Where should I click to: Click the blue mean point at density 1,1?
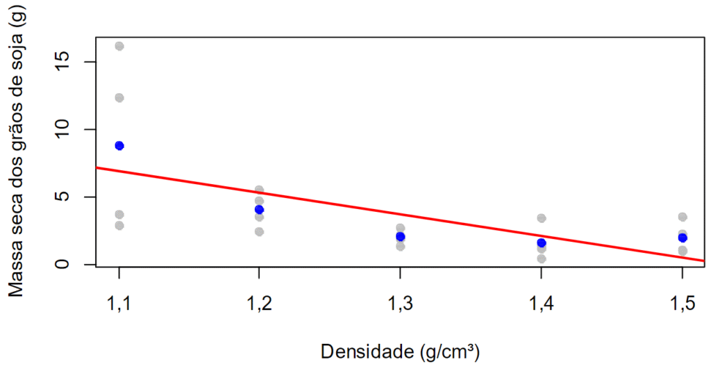(x=119, y=146)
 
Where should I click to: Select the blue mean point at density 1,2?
(x=260, y=210)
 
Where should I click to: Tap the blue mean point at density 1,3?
(x=401, y=237)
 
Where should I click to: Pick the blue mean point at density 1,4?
(x=542, y=243)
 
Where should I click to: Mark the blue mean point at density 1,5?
(x=683, y=238)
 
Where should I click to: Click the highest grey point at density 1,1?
(x=119, y=47)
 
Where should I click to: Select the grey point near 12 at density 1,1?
(x=119, y=98)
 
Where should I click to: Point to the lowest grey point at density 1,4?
(x=542, y=259)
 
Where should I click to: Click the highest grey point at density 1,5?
(x=683, y=217)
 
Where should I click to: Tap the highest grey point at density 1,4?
(x=542, y=218)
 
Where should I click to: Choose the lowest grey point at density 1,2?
(x=260, y=232)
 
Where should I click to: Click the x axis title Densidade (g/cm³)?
(x=400, y=352)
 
